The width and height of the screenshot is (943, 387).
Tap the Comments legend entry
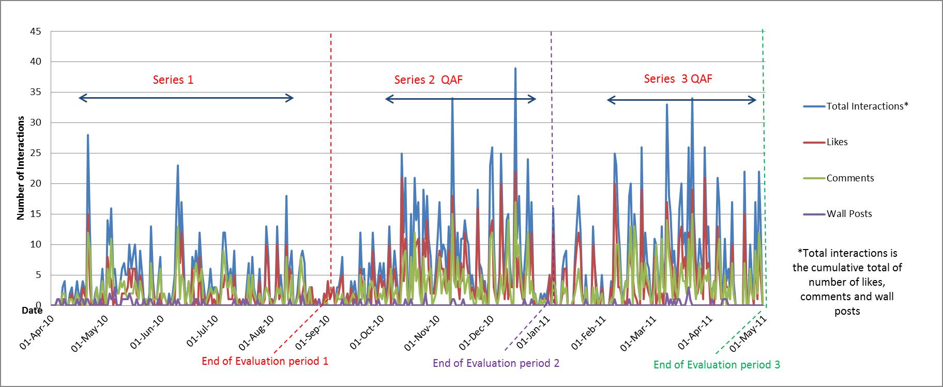point(850,178)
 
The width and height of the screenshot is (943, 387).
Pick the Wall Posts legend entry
point(849,214)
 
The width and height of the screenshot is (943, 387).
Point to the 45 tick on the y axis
point(35,32)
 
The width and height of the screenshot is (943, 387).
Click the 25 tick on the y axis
point(35,153)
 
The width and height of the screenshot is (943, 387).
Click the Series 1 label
point(173,80)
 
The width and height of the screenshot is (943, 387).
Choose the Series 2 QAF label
point(428,80)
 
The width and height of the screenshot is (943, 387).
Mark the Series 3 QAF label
point(678,79)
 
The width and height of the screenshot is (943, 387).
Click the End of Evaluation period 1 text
point(265,361)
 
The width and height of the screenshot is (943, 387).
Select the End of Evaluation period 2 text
point(496,363)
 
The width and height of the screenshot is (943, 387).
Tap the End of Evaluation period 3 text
point(717,365)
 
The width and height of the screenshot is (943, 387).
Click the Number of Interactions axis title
point(21,168)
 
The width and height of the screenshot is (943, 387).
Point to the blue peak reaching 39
point(515,68)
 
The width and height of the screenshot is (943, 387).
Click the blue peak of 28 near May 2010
point(88,135)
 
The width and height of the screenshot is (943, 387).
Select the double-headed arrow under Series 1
point(186,98)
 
